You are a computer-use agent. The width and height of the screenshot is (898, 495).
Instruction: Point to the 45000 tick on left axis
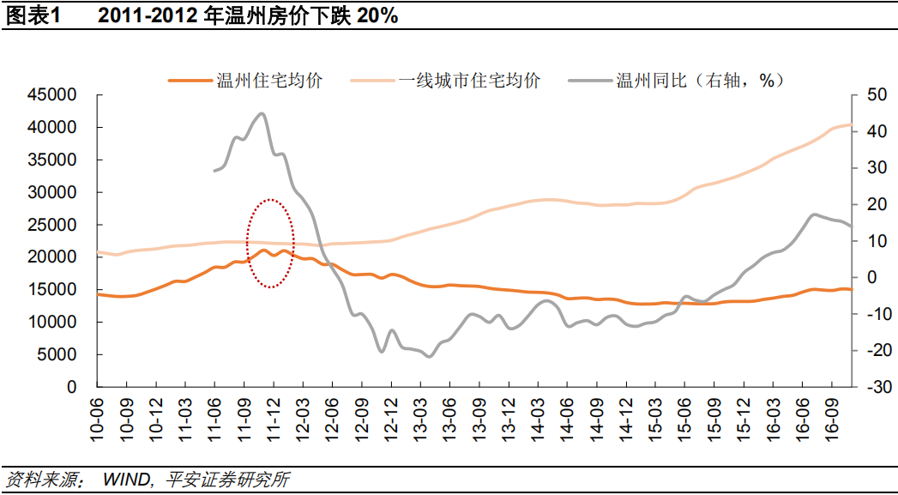coord(52,95)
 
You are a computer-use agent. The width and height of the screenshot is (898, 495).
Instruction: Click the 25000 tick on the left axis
coord(52,225)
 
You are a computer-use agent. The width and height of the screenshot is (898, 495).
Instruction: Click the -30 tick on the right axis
coord(875,387)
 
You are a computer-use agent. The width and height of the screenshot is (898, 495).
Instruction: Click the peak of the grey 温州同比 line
coord(262,113)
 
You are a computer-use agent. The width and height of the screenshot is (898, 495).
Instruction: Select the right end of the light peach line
coord(850,124)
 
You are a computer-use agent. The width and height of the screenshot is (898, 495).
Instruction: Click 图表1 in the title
coord(31,16)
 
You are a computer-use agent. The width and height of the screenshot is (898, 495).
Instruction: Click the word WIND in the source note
coord(127,479)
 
